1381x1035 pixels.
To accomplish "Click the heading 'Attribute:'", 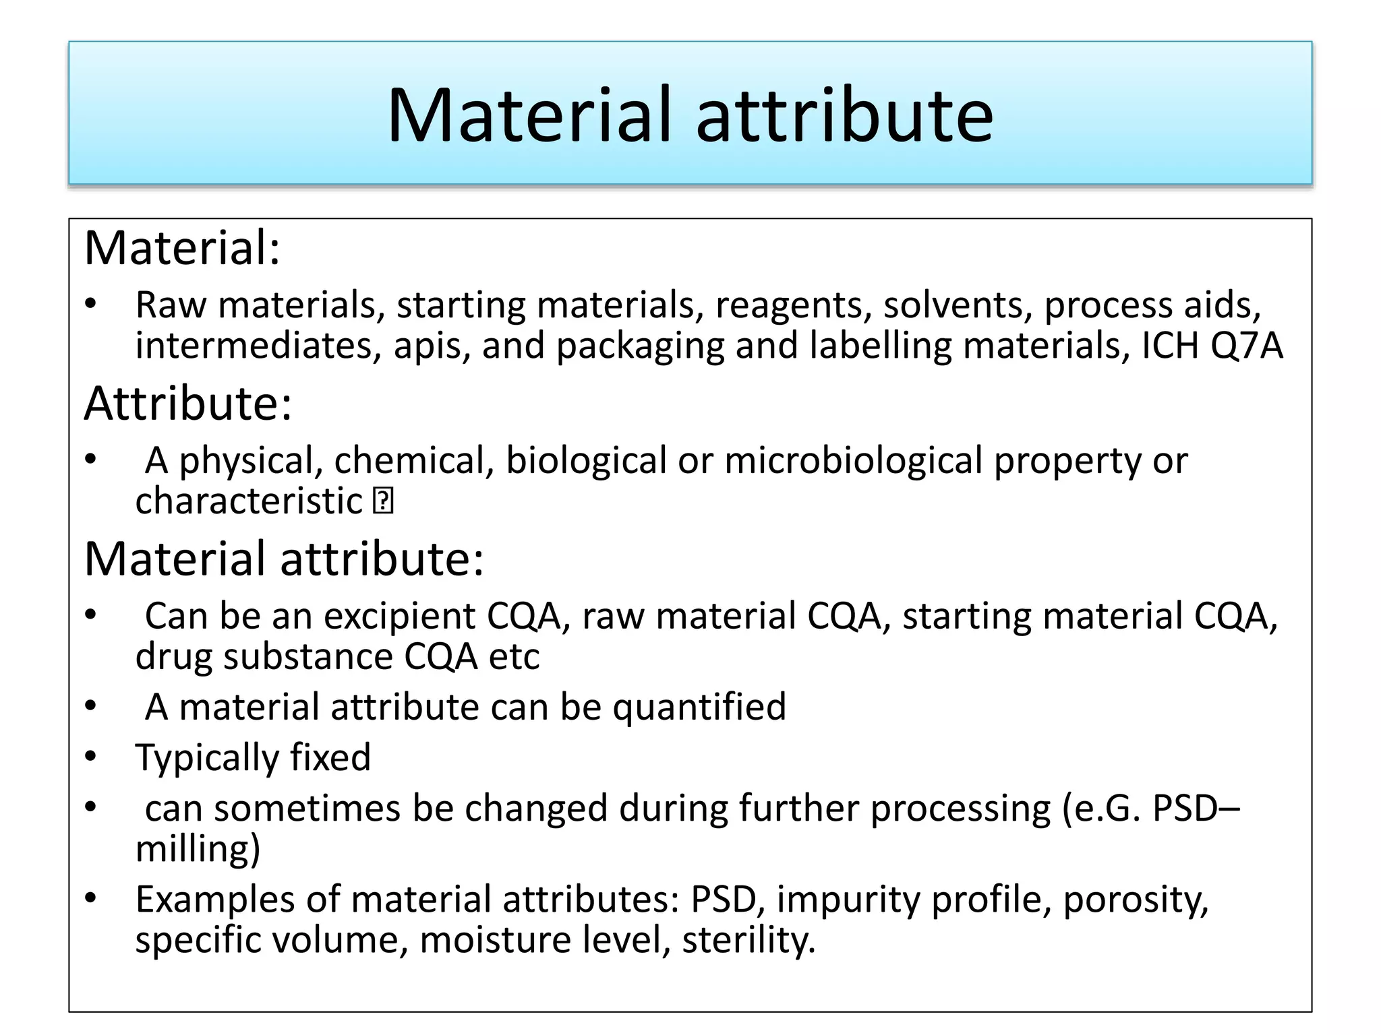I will tap(188, 404).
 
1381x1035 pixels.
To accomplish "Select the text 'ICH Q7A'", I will tap(1212, 346).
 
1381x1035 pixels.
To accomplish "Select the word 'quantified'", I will tap(699, 707).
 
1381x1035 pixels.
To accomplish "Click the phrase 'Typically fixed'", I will tap(253, 757).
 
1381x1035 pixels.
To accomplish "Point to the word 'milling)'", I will tap(198, 848).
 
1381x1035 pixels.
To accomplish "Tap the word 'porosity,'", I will tap(1136, 900).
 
